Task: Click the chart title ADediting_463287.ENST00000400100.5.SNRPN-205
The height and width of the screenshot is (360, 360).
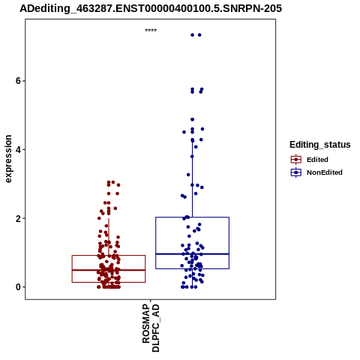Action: coord(151,8)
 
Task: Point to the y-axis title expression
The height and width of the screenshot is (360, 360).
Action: coord(8,159)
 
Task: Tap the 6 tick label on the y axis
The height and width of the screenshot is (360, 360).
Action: coord(18,81)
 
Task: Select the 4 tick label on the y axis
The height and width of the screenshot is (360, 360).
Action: coord(18,149)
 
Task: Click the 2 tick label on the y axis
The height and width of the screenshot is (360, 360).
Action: coord(18,218)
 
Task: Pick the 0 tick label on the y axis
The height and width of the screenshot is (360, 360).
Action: coord(18,287)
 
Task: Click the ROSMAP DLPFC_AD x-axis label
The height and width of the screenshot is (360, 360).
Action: coord(151,328)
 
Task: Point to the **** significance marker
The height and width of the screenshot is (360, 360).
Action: coord(151,31)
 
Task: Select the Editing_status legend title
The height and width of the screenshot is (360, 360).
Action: coord(320,145)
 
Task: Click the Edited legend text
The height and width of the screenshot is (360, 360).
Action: coord(317,160)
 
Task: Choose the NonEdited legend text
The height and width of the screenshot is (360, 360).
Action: coord(325,172)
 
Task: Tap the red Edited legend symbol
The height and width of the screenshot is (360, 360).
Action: coord(296,160)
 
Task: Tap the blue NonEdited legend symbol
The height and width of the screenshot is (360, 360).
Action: coord(296,172)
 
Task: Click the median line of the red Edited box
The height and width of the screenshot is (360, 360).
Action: coord(109,270)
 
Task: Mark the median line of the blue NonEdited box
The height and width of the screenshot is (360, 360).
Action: coord(192,254)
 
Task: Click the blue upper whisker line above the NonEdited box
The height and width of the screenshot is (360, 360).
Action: coord(192,179)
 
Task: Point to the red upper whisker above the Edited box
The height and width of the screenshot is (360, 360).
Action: coord(109,237)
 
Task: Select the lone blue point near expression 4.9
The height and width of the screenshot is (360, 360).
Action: coord(192,119)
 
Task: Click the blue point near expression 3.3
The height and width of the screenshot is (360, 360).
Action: coord(188,175)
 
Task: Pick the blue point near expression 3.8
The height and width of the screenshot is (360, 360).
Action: coord(192,157)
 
